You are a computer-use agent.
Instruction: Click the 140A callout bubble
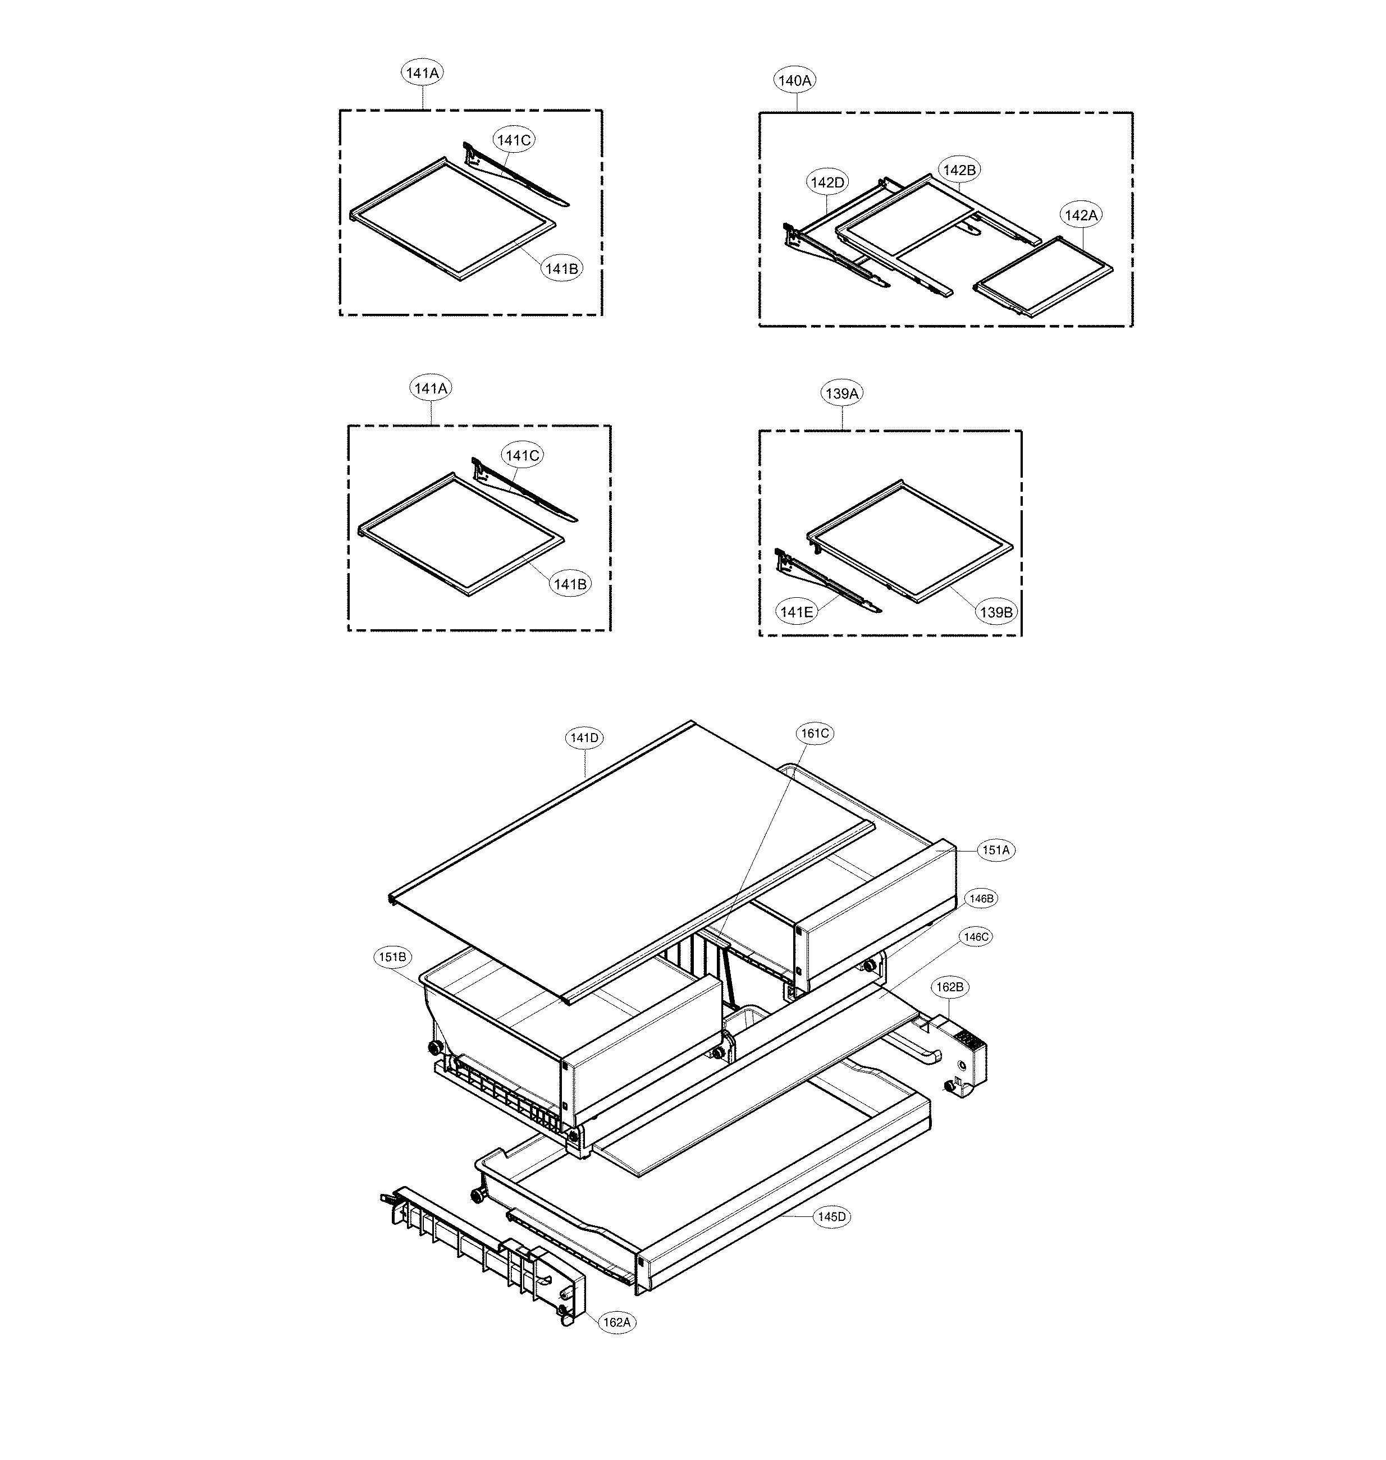click(x=795, y=80)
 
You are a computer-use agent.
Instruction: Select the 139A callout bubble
click(x=842, y=394)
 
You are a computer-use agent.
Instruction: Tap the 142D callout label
click(x=827, y=182)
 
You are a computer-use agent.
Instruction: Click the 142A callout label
click(x=1081, y=215)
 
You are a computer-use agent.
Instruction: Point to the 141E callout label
click(x=797, y=612)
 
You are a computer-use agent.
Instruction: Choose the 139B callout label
click(x=996, y=612)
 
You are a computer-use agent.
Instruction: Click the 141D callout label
click(x=584, y=738)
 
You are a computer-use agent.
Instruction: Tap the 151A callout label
click(x=995, y=850)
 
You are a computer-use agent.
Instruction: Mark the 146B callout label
click(x=982, y=899)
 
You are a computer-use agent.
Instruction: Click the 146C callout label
click(x=975, y=937)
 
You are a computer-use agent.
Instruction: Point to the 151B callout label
click(x=392, y=958)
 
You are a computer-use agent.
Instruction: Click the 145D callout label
click(x=832, y=1217)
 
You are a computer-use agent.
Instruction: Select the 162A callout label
click(x=616, y=1322)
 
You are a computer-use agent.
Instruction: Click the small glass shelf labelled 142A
click(x=1043, y=276)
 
